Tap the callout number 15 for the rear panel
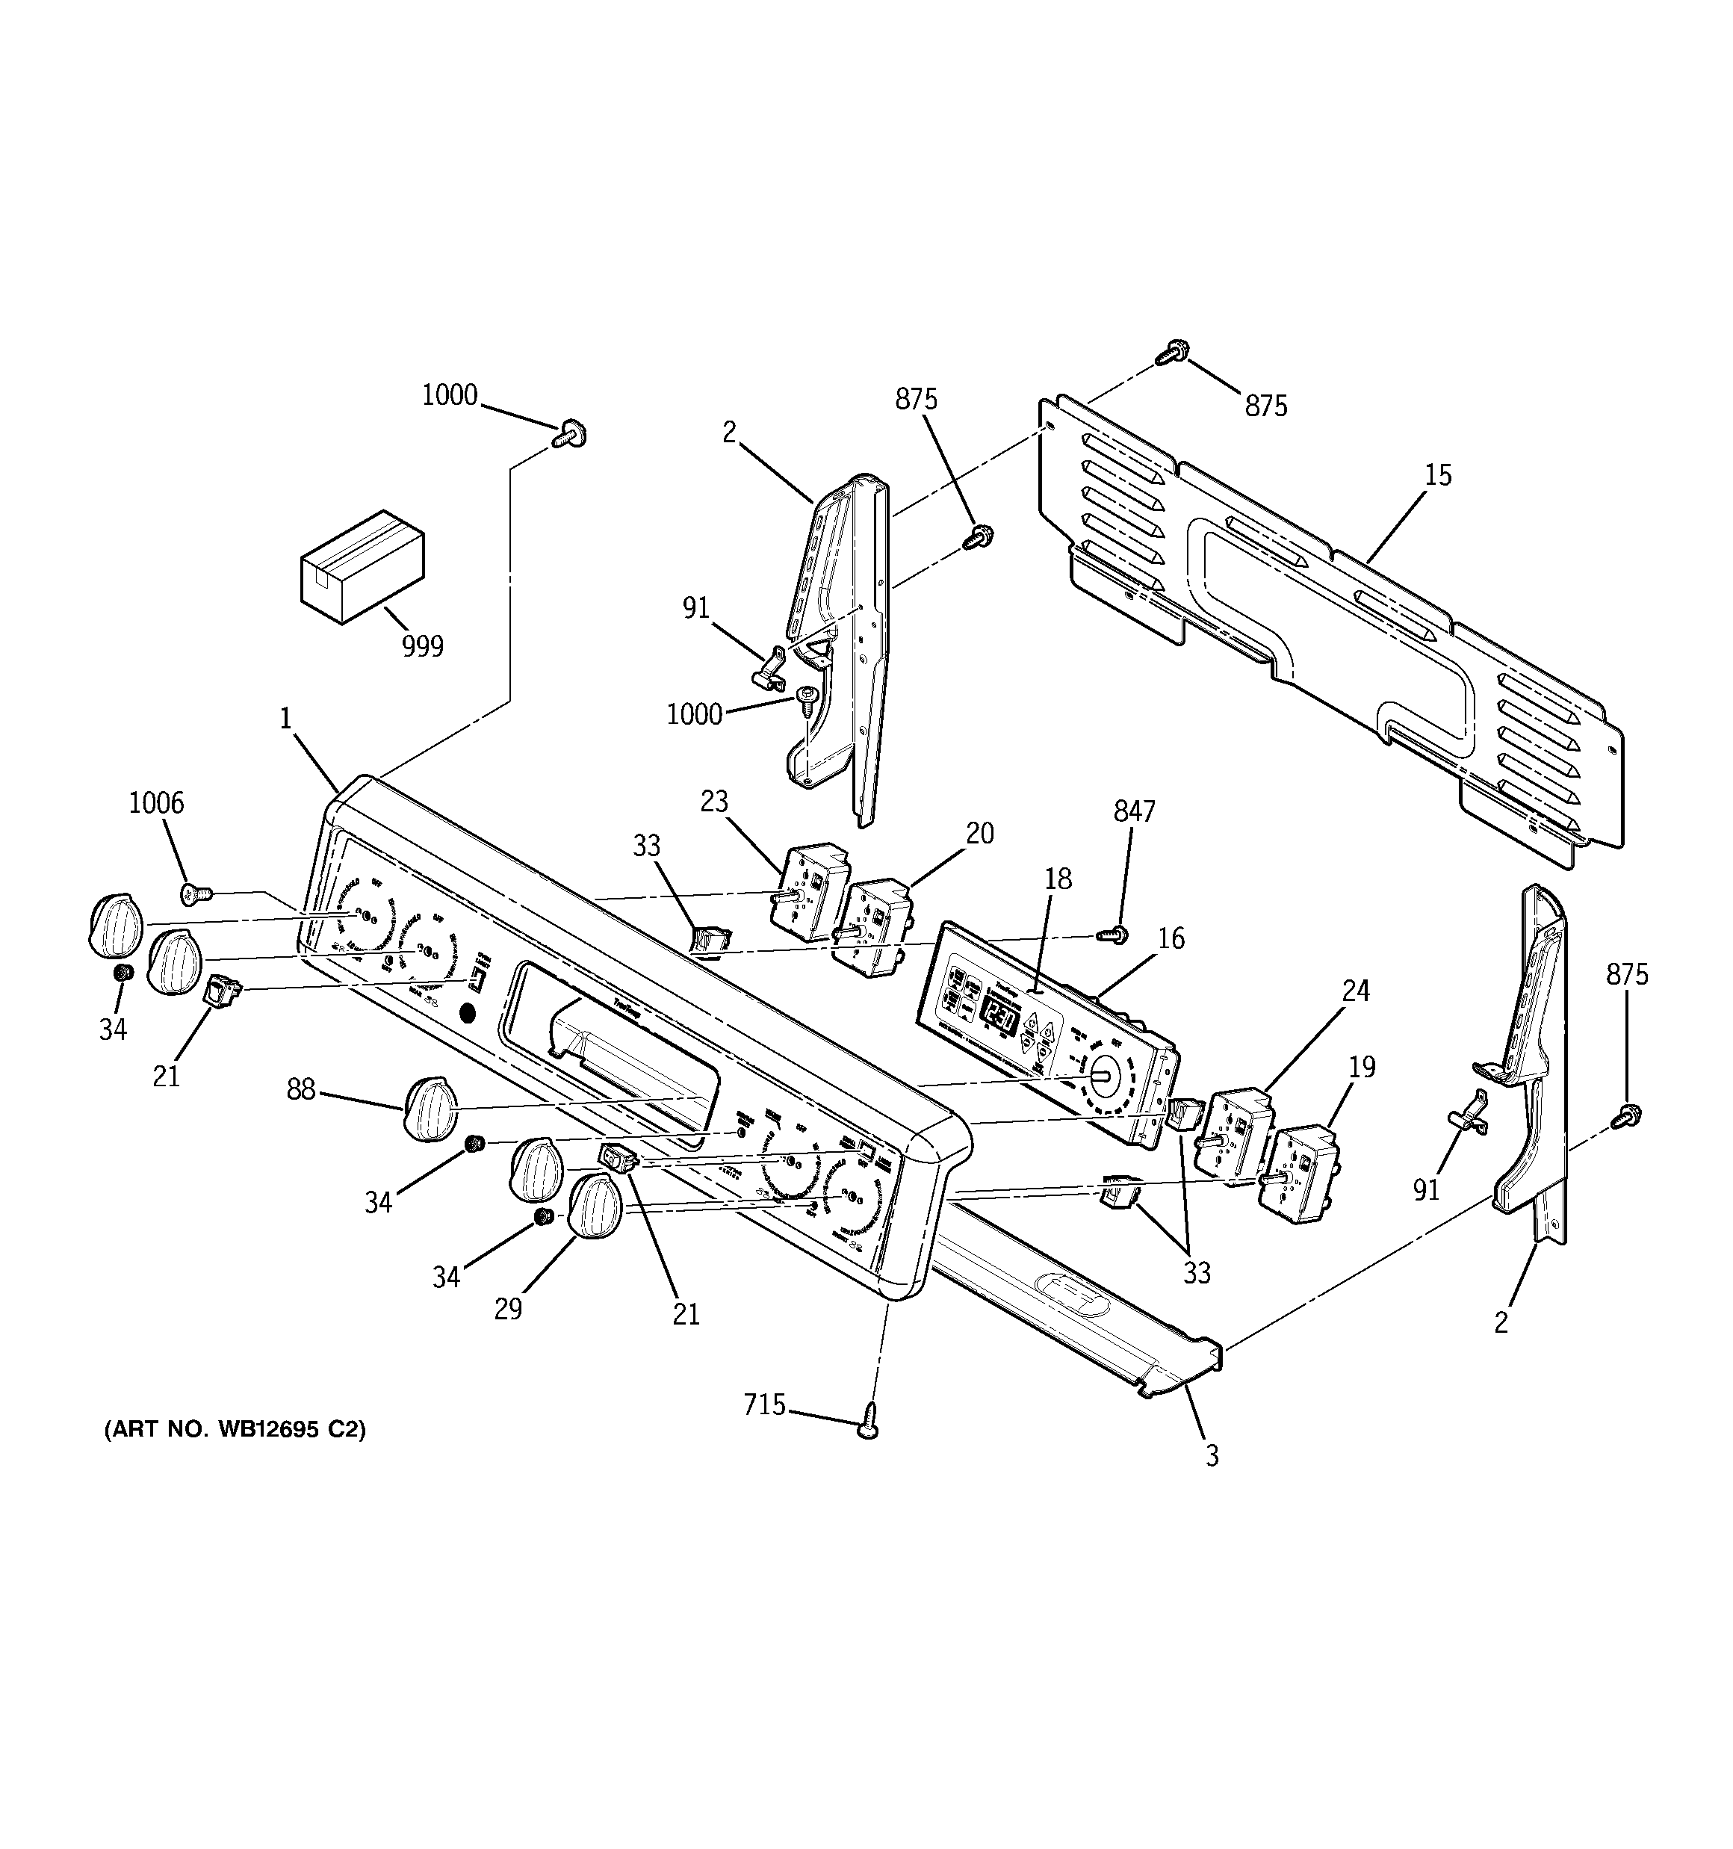tap(1437, 475)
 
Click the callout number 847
tap(1134, 812)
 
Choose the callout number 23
tap(714, 801)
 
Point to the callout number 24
tap(1355, 991)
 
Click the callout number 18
tap(1058, 879)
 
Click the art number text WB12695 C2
tap(235, 1428)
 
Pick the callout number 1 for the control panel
tap(285, 718)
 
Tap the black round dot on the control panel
tap(468, 1013)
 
